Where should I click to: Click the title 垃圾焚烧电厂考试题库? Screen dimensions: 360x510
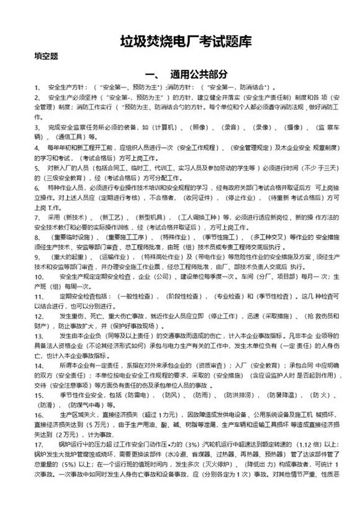coord(186,42)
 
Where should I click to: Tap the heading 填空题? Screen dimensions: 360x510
coord(46,56)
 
